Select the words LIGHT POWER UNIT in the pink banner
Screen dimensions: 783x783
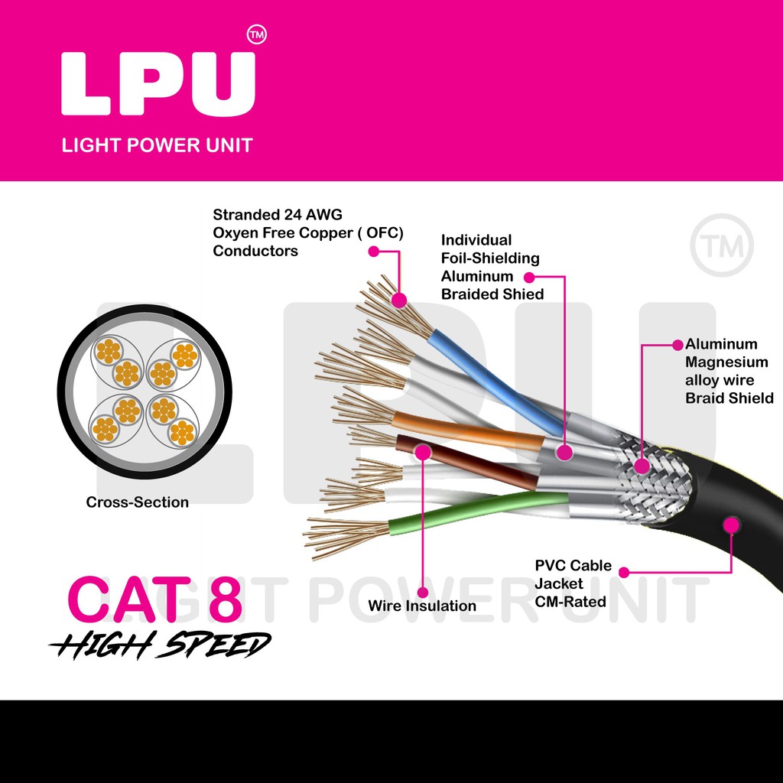pos(157,145)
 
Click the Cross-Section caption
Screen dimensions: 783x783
pos(137,502)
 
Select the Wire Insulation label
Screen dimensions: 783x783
pos(421,606)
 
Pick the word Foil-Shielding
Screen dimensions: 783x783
pos(490,258)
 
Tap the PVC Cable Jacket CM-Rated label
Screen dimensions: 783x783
pos(573,583)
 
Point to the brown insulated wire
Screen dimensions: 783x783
pos(466,463)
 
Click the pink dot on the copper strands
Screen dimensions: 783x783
pos(397,301)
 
